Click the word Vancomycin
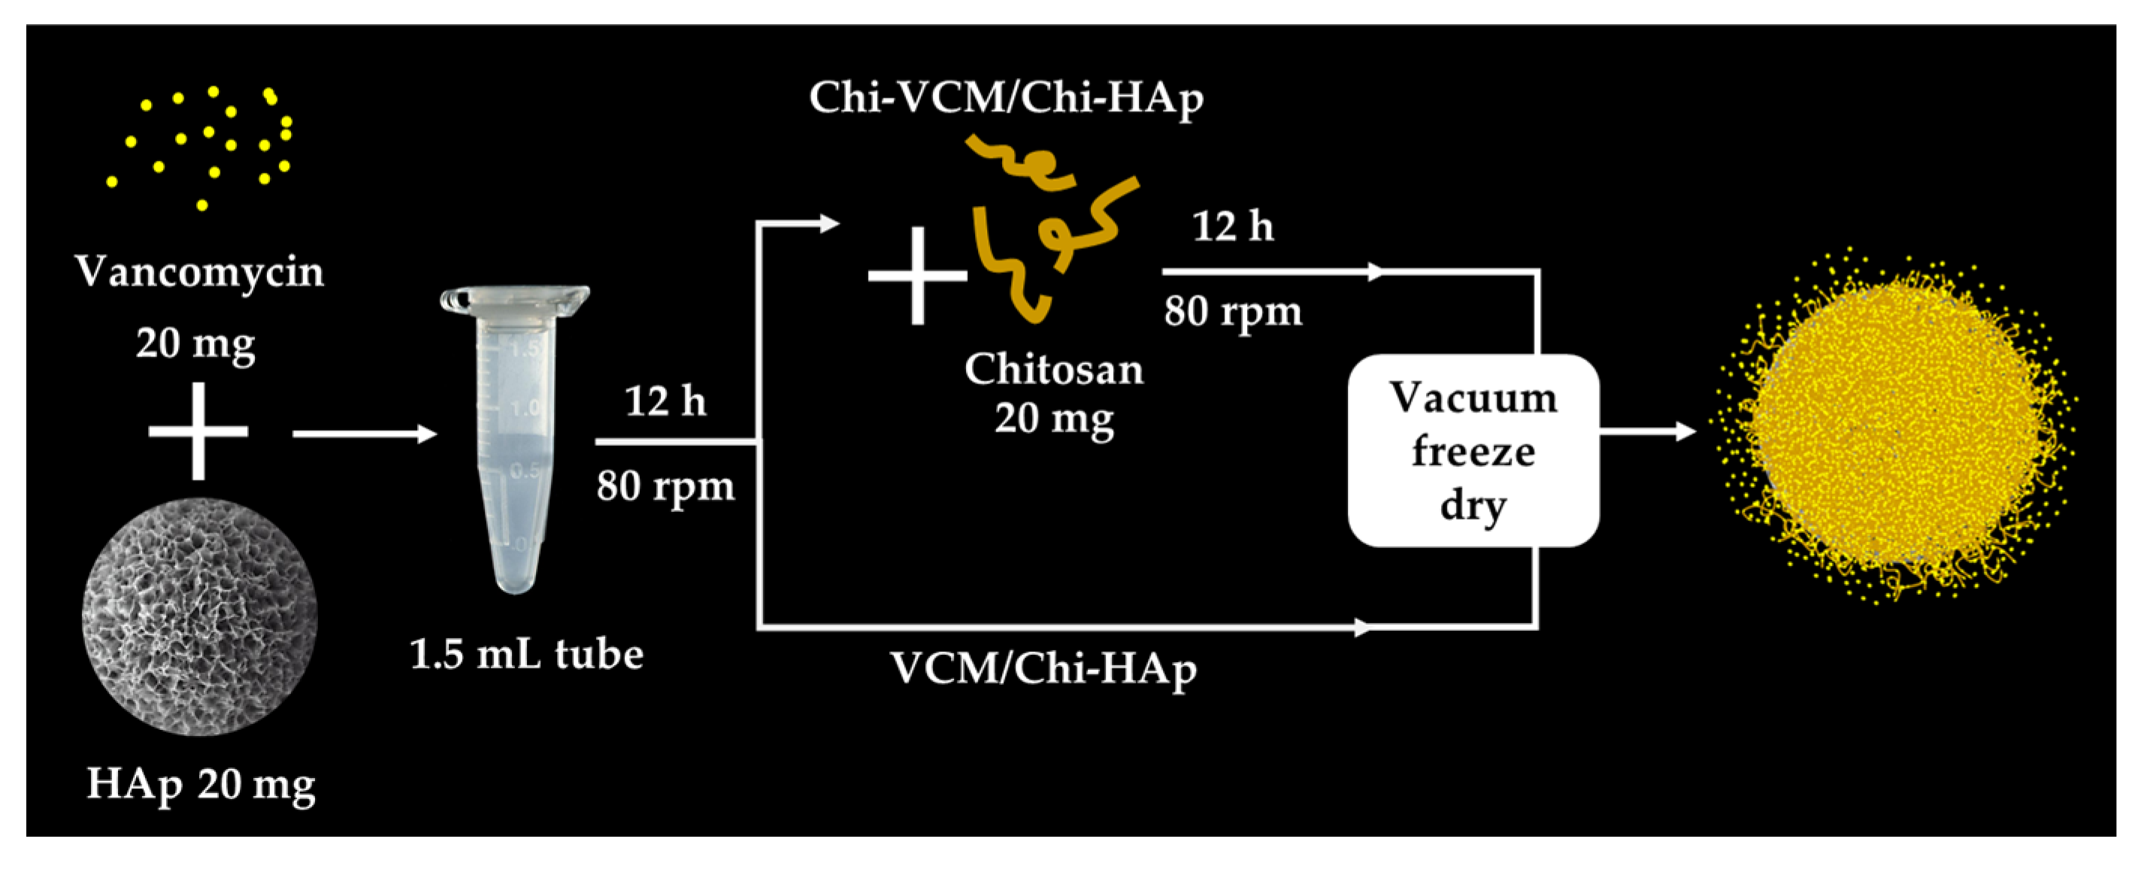199,272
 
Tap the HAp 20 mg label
201,783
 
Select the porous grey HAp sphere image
199,616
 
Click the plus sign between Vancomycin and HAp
198,431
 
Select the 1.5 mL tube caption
527,655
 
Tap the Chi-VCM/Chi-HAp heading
1006,98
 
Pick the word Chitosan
1054,369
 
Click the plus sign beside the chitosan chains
918,275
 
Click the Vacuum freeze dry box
1473,450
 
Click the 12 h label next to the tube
665,402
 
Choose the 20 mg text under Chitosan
1054,418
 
